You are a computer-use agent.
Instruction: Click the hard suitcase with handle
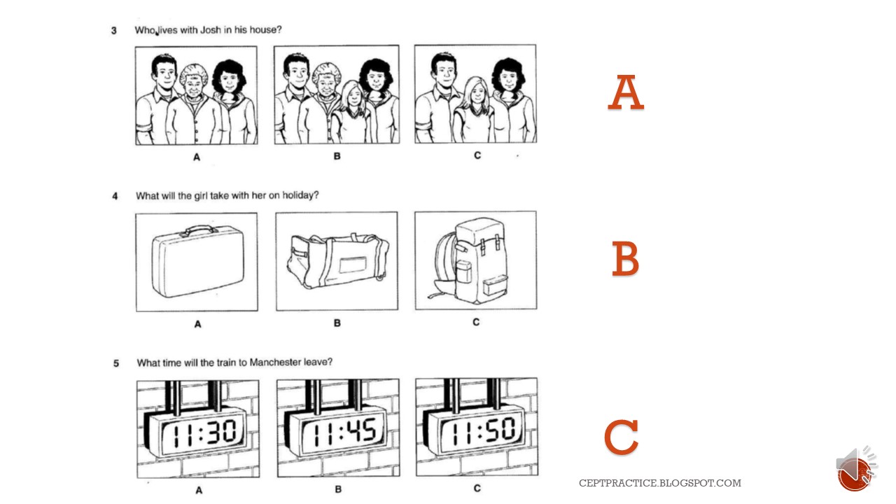pos(195,260)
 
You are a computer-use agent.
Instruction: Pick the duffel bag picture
pos(337,262)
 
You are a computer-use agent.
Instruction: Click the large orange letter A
pos(625,94)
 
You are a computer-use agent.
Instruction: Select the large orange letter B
pos(625,259)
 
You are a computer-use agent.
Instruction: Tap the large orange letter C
pos(621,437)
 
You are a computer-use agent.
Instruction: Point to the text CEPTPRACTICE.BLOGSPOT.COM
pos(659,483)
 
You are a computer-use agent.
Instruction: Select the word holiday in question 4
pos(300,195)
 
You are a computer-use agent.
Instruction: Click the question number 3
pos(114,31)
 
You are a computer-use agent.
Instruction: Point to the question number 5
pos(116,363)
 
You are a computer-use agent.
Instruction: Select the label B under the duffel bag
pos(337,323)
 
